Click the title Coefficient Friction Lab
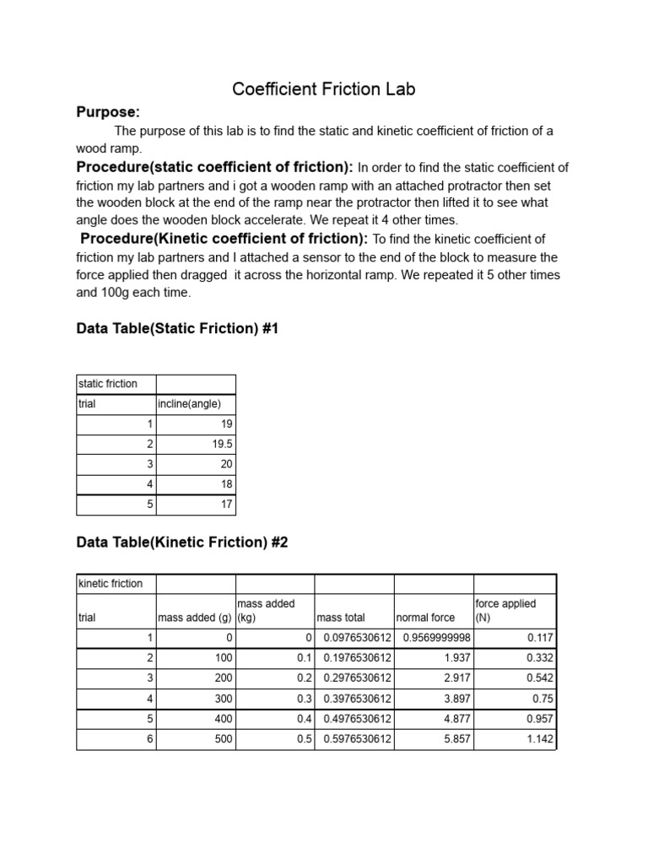(324, 89)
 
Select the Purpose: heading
(108, 112)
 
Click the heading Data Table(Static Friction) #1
(177, 329)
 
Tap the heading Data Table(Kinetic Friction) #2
(182, 543)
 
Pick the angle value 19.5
(220, 444)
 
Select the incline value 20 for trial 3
(225, 464)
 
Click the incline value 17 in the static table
(225, 505)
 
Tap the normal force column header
(426, 618)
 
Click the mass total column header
(341, 618)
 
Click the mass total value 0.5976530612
(358, 739)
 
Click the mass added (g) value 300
(221, 699)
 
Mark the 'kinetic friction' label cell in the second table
(111, 584)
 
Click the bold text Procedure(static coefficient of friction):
(215, 166)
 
